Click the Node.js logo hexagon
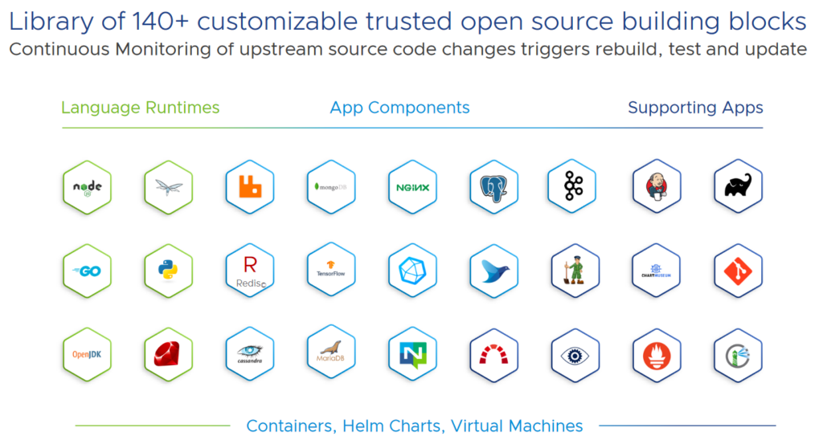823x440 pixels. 88,188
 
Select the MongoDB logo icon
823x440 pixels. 331,188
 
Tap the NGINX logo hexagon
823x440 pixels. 412,188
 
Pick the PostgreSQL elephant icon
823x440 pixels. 493,188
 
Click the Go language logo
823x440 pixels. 88,271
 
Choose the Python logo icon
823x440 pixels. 169,271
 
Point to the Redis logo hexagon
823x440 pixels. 250,271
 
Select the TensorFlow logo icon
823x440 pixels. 331,271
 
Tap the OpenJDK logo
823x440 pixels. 88,354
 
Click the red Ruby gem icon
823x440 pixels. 169,354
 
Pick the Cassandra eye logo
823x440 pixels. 250,354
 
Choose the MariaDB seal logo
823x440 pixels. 331,354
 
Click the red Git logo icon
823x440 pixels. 738,271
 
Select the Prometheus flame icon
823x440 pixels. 657,354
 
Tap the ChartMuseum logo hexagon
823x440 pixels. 657,271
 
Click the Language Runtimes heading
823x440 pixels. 140,108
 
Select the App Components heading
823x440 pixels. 399,108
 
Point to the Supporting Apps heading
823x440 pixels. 695,108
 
